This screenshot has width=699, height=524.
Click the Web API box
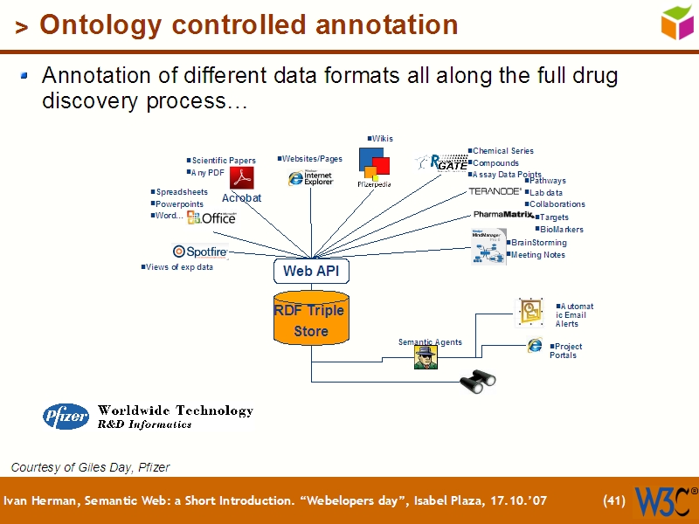coord(311,271)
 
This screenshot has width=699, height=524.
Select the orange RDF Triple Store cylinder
coord(311,321)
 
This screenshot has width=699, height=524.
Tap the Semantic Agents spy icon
coord(426,357)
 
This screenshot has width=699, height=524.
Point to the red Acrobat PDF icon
coord(241,177)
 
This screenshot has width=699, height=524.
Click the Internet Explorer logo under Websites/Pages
coord(310,177)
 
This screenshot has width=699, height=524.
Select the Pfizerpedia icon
coord(374,163)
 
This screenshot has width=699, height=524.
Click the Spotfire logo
coord(201,252)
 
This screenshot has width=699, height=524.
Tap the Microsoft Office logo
coord(211,217)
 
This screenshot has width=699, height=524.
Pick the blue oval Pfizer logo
coord(66,417)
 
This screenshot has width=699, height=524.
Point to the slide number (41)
coord(614,501)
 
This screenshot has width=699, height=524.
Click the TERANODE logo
coord(495,190)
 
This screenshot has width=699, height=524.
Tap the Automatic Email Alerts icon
coord(530,312)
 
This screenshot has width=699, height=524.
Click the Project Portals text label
coord(567,351)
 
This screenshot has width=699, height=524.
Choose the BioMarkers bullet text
coord(563,230)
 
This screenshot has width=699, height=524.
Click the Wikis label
coord(383,138)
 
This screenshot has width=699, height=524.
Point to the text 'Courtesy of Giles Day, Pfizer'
coord(90,467)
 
